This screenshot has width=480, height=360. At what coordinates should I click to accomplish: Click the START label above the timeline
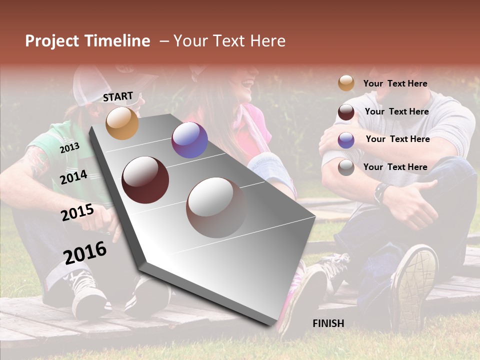[x=118, y=96]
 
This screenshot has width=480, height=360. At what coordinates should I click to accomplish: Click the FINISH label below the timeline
[x=328, y=323]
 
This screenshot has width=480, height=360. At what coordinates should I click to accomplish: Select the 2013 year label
[x=69, y=148]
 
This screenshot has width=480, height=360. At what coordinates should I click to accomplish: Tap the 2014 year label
[x=73, y=177]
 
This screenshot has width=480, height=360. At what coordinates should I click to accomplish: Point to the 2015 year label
[x=77, y=212]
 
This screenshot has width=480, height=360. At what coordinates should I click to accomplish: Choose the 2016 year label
[x=85, y=252]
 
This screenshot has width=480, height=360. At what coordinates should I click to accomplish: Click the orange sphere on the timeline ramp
[x=122, y=123]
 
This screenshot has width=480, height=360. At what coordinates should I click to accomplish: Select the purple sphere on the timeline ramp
[x=189, y=140]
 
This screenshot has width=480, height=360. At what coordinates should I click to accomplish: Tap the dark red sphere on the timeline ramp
[x=145, y=180]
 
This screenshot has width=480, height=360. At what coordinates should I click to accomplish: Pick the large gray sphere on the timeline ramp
[x=216, y=207]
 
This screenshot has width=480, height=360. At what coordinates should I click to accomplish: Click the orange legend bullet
[x=346, y=83]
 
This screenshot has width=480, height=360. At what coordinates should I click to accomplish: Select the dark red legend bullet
[x=346, y=112]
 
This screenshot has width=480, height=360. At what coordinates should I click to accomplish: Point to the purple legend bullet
[x=346, y=140]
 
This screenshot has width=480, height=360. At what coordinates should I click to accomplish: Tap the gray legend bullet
[x=346, y=167]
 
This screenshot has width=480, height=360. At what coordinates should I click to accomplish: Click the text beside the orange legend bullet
[x=395, y=83]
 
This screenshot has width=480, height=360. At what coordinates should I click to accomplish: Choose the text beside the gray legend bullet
[x=395, y=167]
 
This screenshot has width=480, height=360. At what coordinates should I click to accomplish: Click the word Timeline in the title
[x=117, y=41]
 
